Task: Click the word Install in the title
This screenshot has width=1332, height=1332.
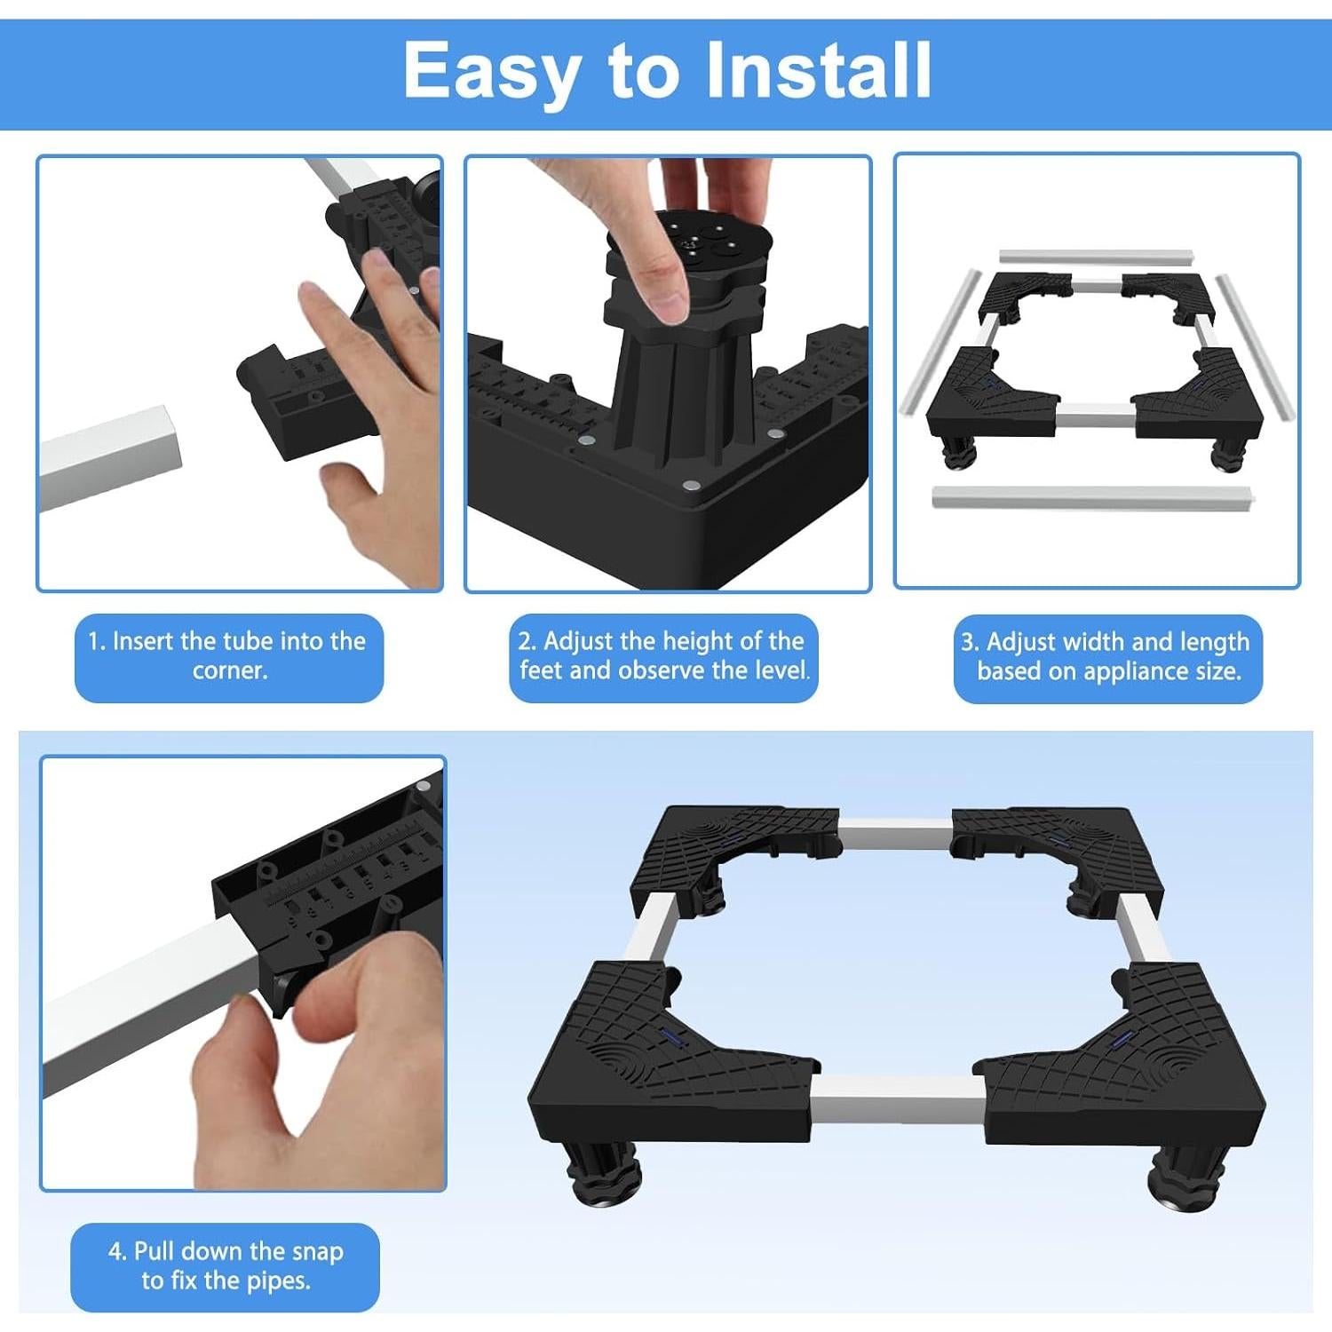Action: point(818,70)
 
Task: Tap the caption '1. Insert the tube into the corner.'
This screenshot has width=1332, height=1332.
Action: point(228,656)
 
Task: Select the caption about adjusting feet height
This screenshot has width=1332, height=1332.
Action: point(663,656)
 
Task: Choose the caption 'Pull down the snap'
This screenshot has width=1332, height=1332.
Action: point(226,1266)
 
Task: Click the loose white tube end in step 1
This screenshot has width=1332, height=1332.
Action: point(111,457)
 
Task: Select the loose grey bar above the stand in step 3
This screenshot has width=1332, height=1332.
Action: point(1096,258)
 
